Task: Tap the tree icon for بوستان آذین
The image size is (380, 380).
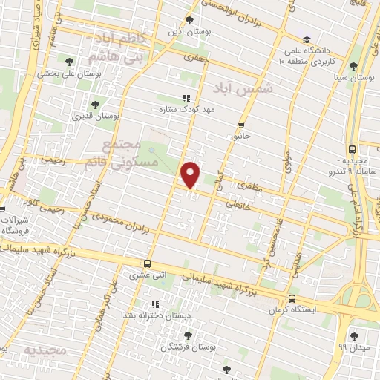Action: coord(190,20)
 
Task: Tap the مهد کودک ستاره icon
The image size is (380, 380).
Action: coord(186,97)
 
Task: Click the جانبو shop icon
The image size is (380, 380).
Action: coord(241,125)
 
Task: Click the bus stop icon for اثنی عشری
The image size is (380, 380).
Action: coord(148,263)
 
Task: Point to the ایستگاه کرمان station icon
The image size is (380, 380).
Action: coord(292,299)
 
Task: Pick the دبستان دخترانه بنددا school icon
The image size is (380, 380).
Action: coord(154,304)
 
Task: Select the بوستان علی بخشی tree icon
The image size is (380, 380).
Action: coord(69,62)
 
